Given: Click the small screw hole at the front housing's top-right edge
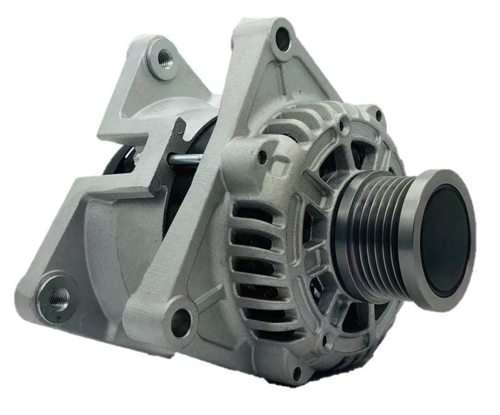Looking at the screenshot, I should (x=378, y=115).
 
